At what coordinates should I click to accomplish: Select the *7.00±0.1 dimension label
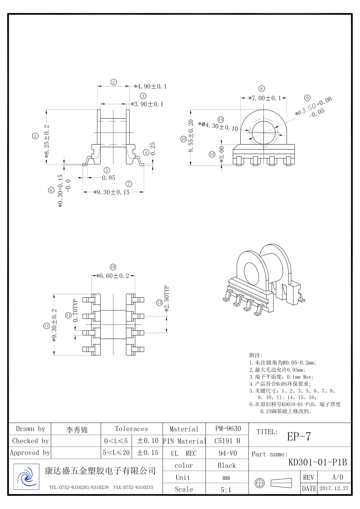pyautogui.click(x=264, y=98)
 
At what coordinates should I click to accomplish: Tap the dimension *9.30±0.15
pyautogui.click(x=112, y=192)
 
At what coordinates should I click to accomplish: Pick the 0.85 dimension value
pyautogui.click(x=109, y=178)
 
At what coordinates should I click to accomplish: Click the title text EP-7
pyautogui.click(x=299, y=436)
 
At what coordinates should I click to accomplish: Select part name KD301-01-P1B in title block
pyautogui.click(x=317, y=463)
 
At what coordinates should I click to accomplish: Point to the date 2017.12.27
pyautogui.click(x=334, y=489)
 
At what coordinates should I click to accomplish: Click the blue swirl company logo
pyautogui.click(x=26, y=477)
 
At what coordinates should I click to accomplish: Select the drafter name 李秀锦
pyautogui.click(x=77, y=429)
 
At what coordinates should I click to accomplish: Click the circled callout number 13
pyautogui.click(x=159, y=302)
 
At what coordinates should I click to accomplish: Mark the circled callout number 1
pyautogui.click(x=35, y=136)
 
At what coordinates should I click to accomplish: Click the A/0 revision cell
pyautogui.click(x=338, y=477)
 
